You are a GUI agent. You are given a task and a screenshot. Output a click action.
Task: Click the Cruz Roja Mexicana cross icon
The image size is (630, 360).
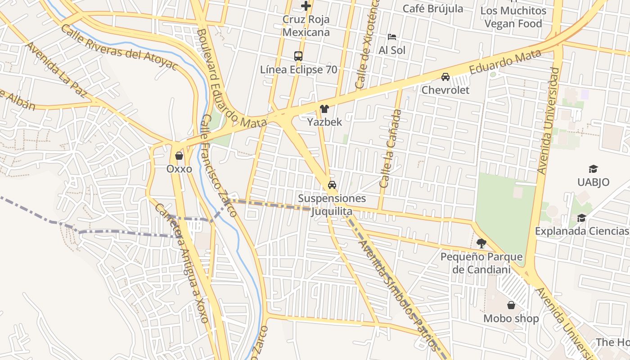pos(306,6)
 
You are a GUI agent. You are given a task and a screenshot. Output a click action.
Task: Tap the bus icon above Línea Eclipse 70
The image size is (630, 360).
pos(298,56)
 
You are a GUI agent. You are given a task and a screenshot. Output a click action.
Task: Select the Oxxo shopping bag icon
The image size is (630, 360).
pos(179,156)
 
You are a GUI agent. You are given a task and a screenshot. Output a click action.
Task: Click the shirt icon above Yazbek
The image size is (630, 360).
pos(324,108)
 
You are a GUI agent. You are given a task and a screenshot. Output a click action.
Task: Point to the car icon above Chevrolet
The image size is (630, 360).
pos(445,76)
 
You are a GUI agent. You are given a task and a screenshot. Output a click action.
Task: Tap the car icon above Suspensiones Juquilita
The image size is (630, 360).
pos(332,185)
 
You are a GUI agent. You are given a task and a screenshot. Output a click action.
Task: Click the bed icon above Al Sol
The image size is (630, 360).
pos(392,36)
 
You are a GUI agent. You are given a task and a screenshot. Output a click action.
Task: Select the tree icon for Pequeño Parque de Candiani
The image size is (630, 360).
pos(481,243)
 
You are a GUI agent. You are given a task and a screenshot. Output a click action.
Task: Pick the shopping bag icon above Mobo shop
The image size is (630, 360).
pos(511,305)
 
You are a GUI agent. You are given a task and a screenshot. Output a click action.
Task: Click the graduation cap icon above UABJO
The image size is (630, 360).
pos(593,169)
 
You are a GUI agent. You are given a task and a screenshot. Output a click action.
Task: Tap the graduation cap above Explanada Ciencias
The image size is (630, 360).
pos(581,218)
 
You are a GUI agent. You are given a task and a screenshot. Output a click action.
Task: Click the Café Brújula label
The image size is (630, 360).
pos(432,8)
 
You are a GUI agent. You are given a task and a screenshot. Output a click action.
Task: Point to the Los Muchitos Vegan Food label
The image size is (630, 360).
pos(513,17)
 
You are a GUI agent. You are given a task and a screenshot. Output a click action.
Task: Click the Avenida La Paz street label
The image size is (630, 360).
pos(56,70)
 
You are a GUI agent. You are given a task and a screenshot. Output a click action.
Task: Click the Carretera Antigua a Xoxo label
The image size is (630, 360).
pos(182,263)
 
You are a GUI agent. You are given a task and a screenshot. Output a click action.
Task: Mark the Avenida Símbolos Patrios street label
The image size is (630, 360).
pos(397,295)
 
